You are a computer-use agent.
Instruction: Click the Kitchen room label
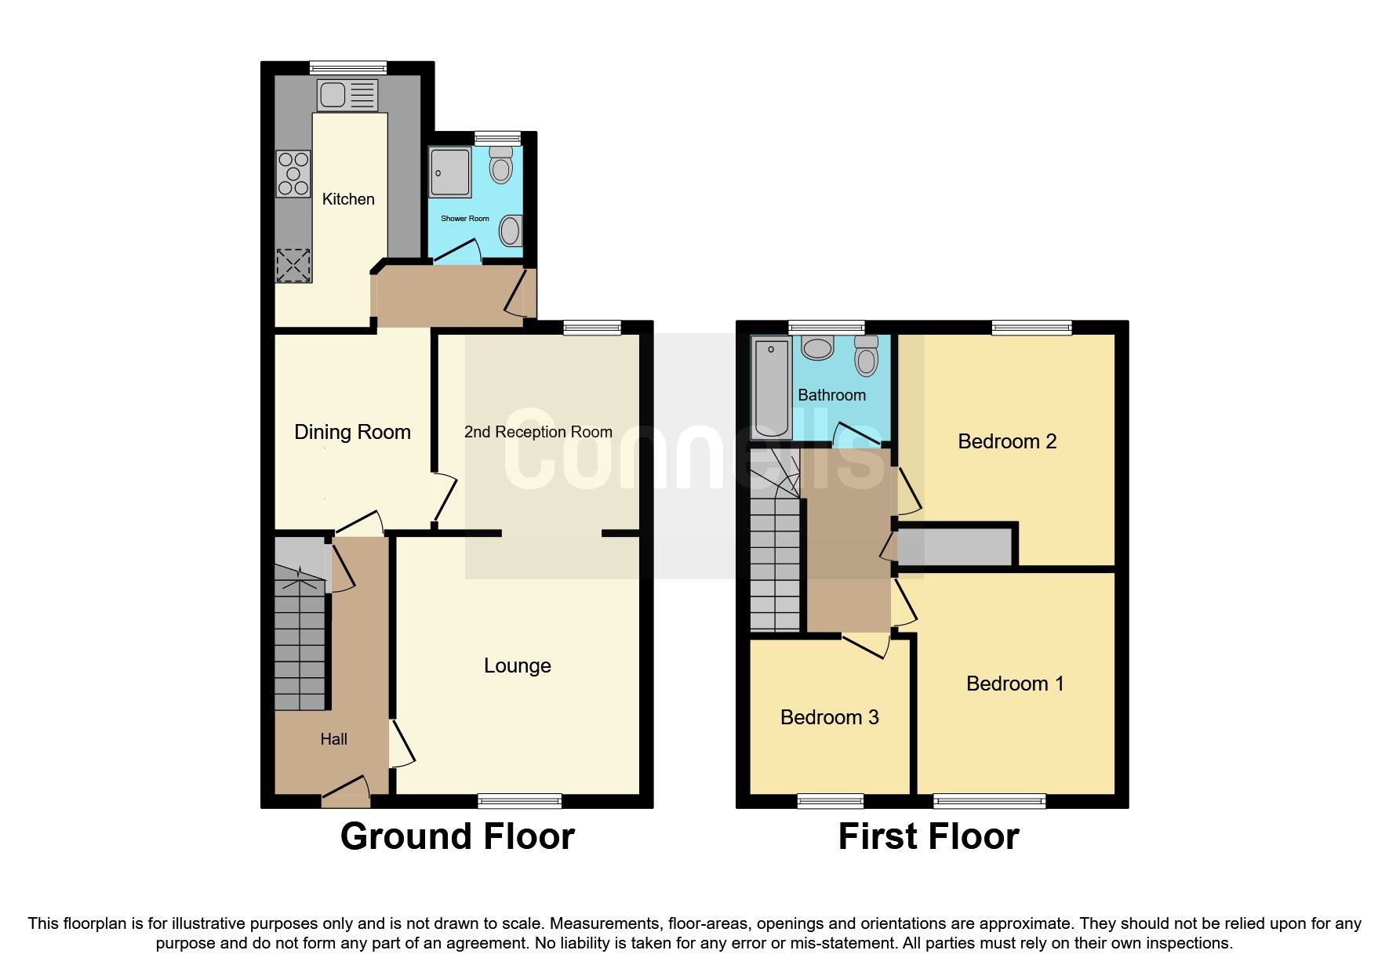point(348,199)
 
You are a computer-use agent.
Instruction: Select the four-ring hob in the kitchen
point(293,173)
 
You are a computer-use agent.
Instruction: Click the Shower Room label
point(464,219)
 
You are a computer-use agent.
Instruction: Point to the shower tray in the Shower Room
point(450,172)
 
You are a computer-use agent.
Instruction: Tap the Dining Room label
point(352,432)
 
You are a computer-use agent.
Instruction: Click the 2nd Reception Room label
point(538,432)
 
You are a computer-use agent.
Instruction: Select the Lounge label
point(517,666)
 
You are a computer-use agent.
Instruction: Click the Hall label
point(333,739)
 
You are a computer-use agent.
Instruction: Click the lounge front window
point(519,800)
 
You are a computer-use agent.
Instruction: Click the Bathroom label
point(831,395)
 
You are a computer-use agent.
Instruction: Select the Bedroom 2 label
point(1007,441)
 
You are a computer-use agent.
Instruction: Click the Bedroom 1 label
point(1015,684)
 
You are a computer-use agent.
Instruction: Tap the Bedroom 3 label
point(829,717)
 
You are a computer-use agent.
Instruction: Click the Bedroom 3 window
point(830,800)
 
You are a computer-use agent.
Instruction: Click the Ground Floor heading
point(457,836)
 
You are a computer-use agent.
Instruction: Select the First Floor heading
point(928,836)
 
